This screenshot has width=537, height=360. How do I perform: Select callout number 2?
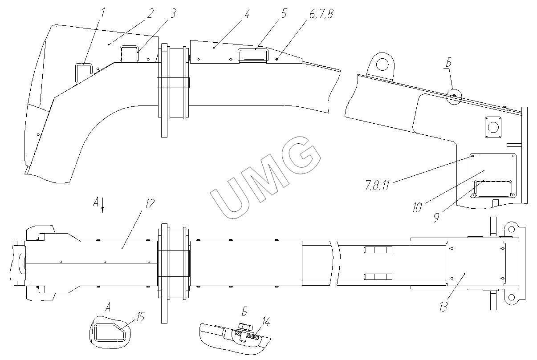(151, 13)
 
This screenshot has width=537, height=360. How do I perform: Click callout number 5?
(283, 13)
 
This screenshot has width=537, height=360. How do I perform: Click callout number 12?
(149, 204)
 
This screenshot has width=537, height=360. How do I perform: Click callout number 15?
(141, 317)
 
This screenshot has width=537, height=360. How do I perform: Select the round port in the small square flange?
(492, 127)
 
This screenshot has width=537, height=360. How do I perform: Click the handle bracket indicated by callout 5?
(252, 54)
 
